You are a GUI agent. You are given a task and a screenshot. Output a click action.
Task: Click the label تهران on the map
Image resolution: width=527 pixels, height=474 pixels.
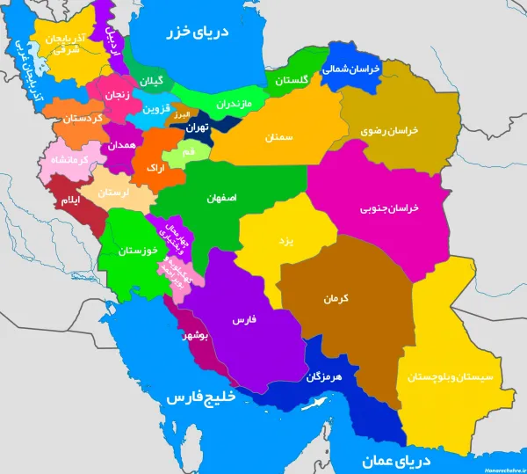point(195,128)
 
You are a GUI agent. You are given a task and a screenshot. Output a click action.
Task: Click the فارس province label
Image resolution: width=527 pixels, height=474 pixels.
point(243,321)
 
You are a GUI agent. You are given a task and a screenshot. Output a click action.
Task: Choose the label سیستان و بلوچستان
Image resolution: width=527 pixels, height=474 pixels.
point(451,377)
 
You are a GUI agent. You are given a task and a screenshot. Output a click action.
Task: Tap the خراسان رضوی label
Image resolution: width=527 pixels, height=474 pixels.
point(390,129)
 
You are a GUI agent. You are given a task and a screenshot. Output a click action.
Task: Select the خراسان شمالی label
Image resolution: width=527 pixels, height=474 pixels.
point(350,69)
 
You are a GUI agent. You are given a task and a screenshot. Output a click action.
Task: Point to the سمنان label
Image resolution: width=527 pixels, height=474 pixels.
point(277,137)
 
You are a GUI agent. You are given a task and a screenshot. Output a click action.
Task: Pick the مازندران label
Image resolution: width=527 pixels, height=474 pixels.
point(234,105)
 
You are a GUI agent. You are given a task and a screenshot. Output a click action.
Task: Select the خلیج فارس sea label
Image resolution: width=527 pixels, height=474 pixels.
point(203,397)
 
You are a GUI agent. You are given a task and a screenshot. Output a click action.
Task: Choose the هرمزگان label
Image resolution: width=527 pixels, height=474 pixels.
point(323,376)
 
